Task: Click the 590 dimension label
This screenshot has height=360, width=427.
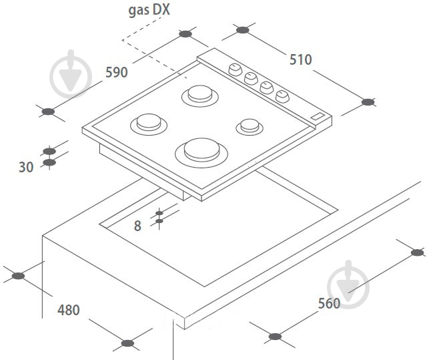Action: click(x=117, y=73)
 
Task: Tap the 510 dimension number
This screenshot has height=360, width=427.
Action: click(x=301, y=59)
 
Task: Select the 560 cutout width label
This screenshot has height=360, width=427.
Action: click(x=329, y=303)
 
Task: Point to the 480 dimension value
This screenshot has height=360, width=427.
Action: click(x=69, y=310)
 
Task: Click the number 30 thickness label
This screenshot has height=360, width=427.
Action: click(x=26, y=167)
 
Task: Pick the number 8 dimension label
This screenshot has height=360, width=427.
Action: click(x=137, y=226)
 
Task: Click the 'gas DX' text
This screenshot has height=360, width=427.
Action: click(x=149, y=11)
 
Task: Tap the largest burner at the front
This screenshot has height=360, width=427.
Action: click(x=201, y=152)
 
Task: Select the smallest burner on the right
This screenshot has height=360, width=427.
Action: click(x=250, y=127)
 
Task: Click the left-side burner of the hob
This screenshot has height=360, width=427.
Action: click(x=149, y=124)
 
